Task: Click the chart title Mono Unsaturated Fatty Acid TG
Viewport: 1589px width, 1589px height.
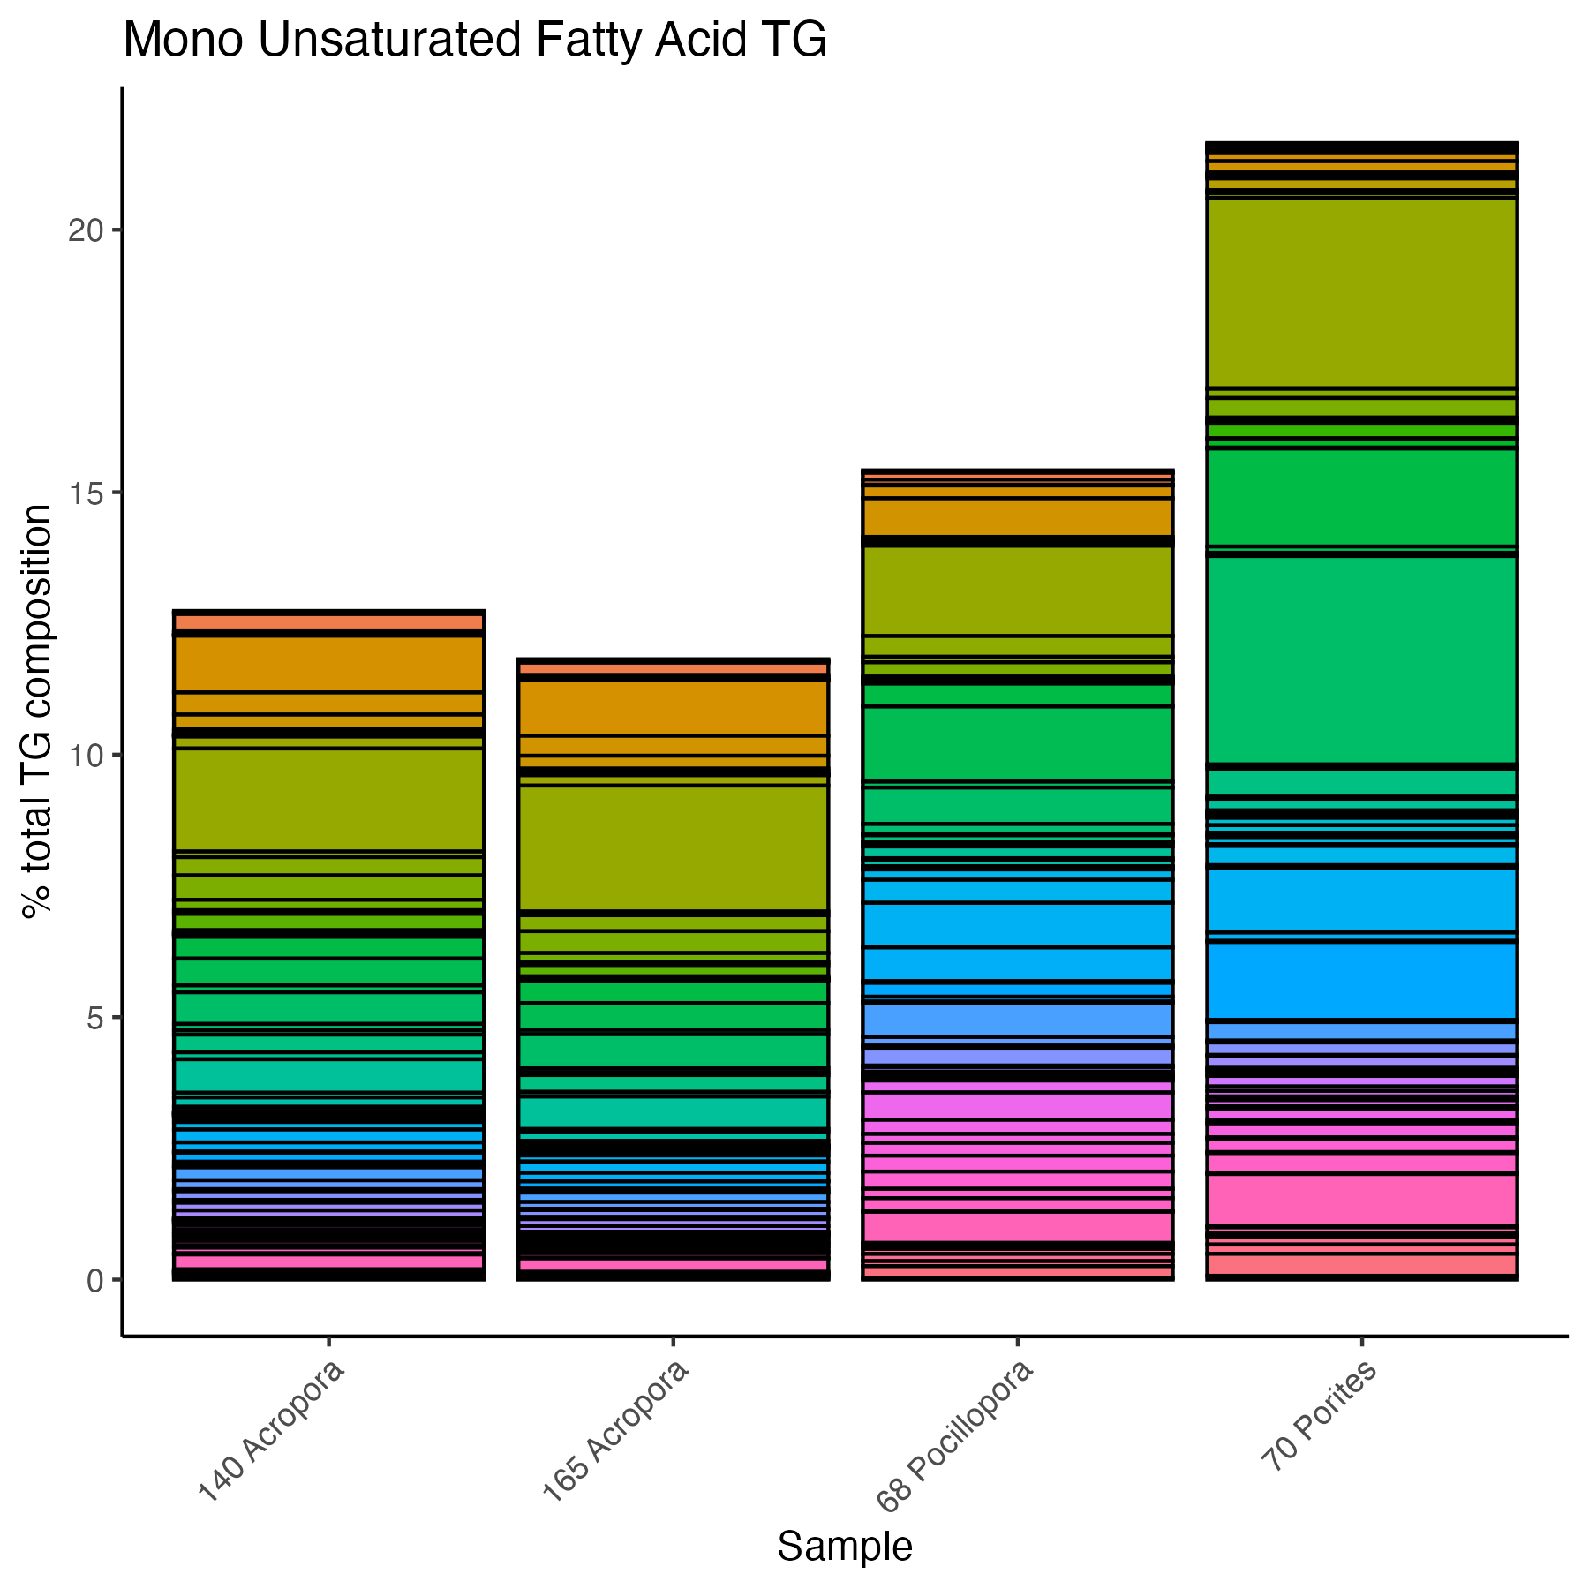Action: (475, 41)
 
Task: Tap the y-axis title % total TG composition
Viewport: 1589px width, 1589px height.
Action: (37, 712)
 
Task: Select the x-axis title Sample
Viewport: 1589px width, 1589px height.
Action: (845, 1547)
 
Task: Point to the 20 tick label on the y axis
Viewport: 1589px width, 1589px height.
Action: (86, 230)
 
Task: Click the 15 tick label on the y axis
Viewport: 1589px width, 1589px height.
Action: (86, 493)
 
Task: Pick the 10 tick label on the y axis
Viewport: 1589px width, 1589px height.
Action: (86, 756)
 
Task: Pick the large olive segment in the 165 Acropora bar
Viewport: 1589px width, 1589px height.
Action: (673, 847)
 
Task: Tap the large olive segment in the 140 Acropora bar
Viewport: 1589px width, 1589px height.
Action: (328, 799)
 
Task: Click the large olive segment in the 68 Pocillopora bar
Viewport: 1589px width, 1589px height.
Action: (1017, 591)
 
